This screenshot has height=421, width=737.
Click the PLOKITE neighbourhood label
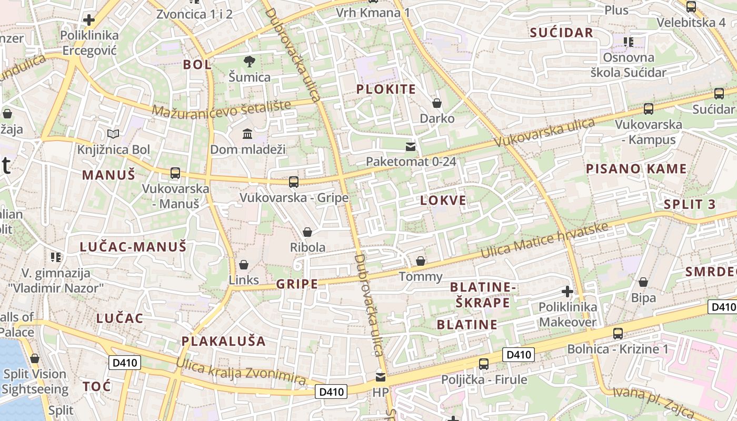tap(386, 89)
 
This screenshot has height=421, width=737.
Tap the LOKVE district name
tap(443, 200)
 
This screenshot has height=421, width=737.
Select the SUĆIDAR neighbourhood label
tap(562, 33)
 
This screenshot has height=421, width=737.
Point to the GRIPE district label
tap(297, 284)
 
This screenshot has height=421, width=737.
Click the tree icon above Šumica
tap(249, 61)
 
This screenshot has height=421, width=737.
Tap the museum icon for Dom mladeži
tap(247, 134)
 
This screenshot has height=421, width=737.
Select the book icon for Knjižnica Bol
tap(113, 134)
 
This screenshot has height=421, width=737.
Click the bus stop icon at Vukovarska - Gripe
tap(294, 182)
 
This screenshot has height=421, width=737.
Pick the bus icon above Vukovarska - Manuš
tap(175, 173)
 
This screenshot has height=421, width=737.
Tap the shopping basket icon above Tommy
tap(421, 261)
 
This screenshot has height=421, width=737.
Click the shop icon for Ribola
tap(307, 232)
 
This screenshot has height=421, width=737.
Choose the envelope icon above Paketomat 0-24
tap(411, 146)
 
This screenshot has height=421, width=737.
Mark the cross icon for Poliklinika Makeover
tap(567, 291)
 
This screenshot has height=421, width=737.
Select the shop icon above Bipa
tap(643, 283)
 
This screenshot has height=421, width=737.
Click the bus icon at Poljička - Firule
tap(483, 364)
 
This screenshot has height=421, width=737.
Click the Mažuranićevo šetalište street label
tap(222, 108)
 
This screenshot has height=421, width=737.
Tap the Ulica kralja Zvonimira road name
tap(241, 372)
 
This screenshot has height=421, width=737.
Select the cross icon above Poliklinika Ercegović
tap(89, 20)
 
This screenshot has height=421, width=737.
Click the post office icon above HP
tap(380, 377)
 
